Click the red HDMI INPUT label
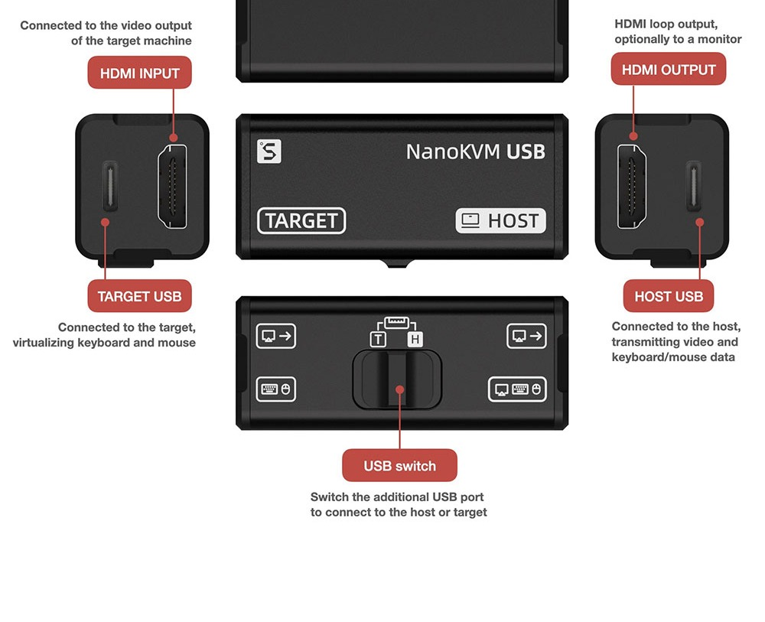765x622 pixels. [x=139, y=73]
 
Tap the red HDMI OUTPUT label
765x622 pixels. [x=669, y=70]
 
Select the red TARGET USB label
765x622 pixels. [x=139, y=296]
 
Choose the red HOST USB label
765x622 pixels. [x=669, y=296]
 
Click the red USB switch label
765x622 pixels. [x=399, y=465]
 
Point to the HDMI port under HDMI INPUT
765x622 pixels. [x=172, y=187]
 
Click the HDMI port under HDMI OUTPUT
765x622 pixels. [x=632, y=187]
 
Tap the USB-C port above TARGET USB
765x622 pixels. [x=109, y=187]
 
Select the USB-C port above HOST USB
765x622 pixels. [x=694, y=187]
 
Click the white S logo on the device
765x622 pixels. [x=269, y=151]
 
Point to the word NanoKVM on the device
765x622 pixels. [x=453, y=151]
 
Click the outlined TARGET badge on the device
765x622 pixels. [x=301, y=221]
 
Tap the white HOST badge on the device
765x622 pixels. [x=500, y=221]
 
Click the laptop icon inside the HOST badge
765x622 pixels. [x=470, y=220]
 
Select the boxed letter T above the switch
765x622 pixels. [x=378, y=339]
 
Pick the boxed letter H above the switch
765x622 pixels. [x=415, y=339]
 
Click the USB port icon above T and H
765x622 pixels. [x=396, y=322]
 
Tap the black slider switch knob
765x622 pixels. [x=397, y=379]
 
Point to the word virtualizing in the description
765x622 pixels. [x=44, y=343]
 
